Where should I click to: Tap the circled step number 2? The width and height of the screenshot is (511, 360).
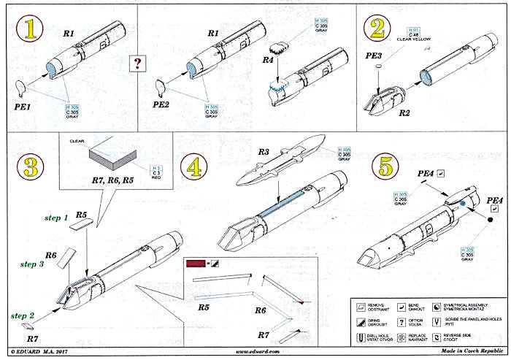coord(377,29)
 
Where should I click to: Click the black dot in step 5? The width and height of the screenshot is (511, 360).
coord(483,219)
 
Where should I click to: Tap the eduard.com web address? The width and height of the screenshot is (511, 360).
coord(255,351)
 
